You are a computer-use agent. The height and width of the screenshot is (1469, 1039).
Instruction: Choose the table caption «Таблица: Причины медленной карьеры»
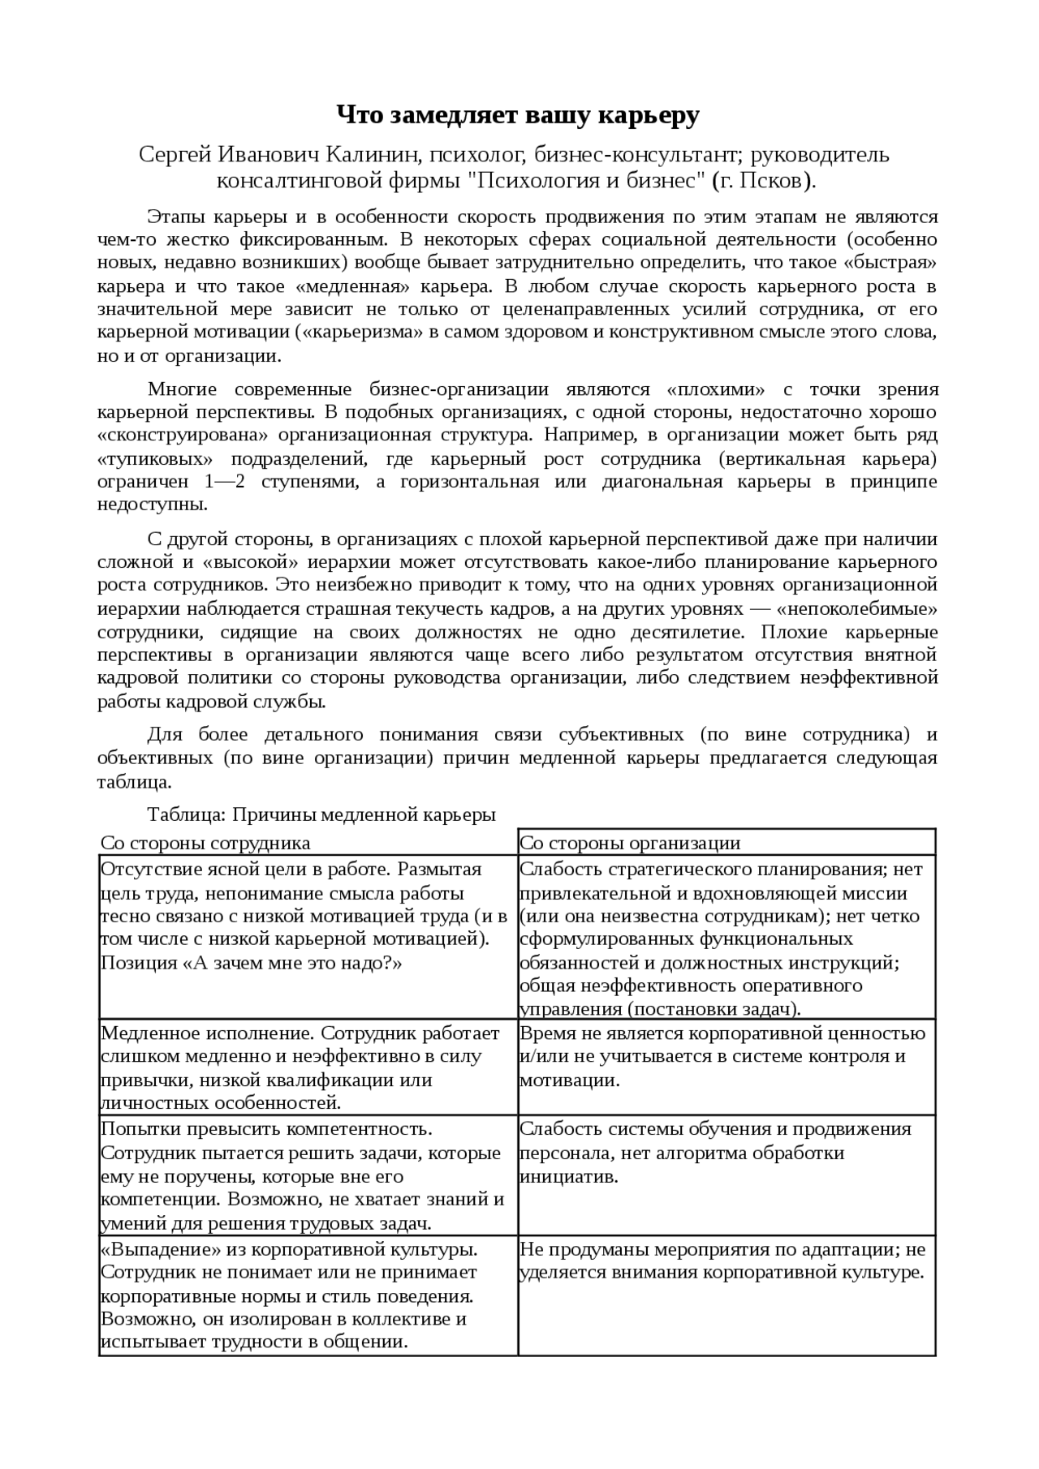point(321,814)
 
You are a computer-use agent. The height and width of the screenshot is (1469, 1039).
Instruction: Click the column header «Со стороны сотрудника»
point(205,843)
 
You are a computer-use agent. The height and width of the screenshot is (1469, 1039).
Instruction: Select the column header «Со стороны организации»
point(630,843)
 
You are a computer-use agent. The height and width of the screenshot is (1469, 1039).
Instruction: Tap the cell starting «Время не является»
point(722,1056)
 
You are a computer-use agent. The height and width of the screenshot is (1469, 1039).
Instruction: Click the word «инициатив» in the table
point(569,1176)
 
